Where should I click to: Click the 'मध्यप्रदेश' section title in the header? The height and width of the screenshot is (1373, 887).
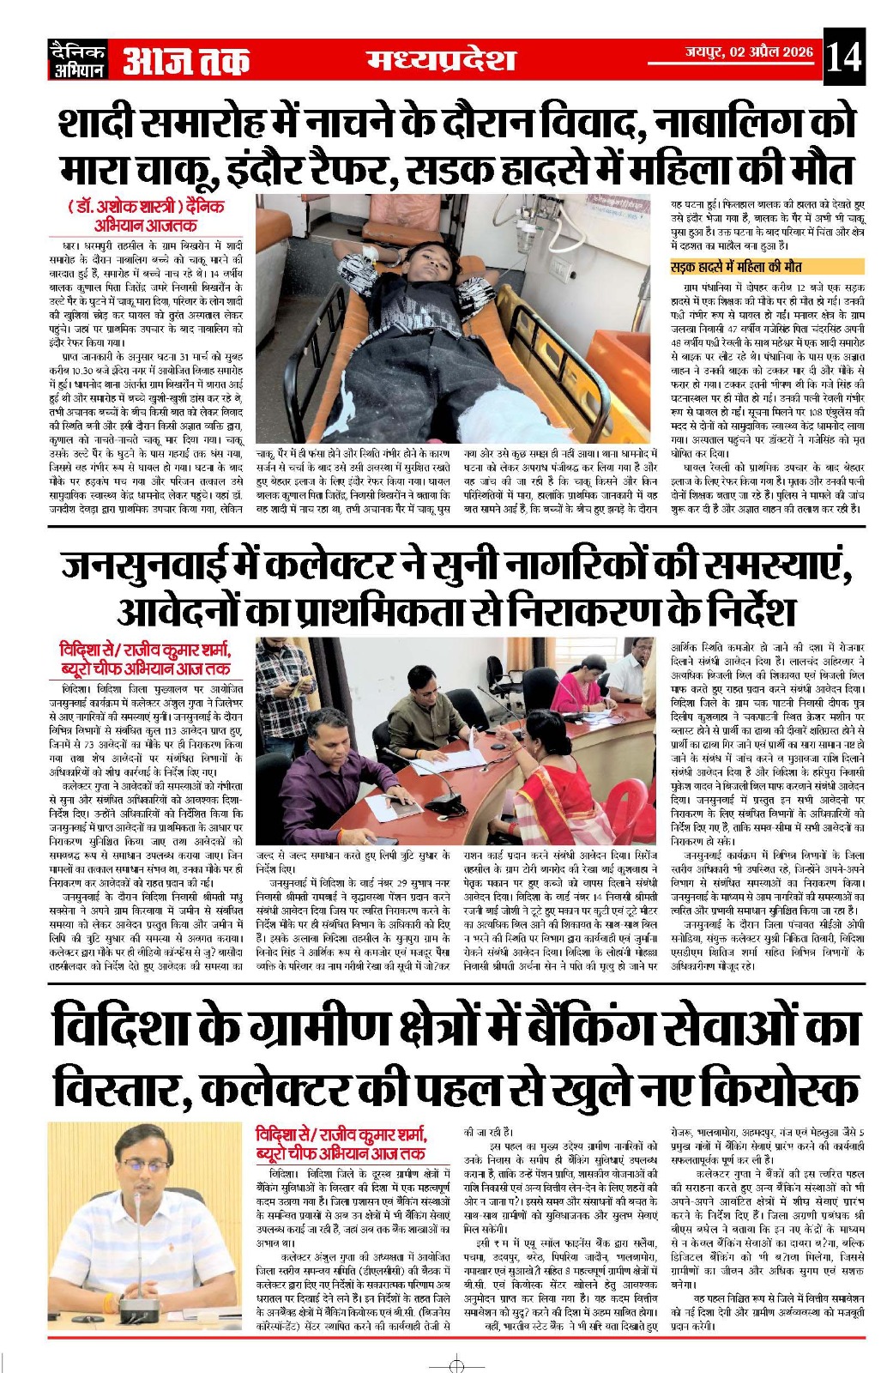(442, 59)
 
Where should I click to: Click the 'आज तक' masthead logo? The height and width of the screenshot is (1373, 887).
(186, 62)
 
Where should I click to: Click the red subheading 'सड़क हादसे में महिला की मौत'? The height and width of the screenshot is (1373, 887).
(736, 267)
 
